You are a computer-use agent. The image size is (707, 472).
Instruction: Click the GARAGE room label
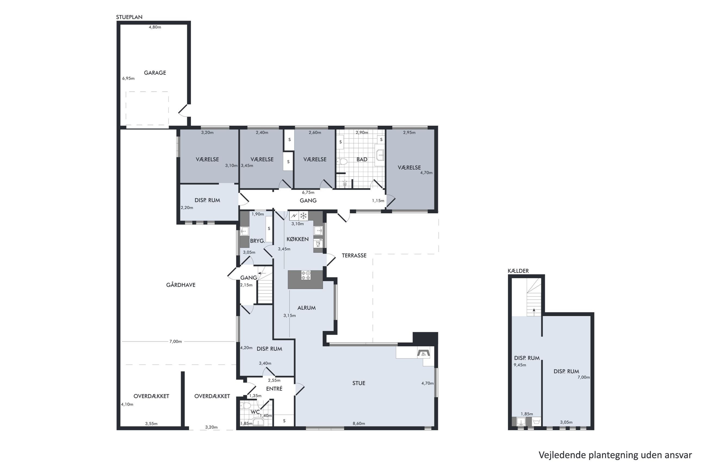[155, 73]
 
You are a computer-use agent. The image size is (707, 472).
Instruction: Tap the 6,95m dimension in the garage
[128, 79]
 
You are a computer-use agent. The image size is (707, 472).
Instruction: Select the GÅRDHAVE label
[181, 285]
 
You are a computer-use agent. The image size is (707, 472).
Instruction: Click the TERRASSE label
[354, 255]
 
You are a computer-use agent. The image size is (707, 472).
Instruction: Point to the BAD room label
[362, 159]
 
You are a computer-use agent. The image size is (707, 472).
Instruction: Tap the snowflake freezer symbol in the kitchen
[303, 215]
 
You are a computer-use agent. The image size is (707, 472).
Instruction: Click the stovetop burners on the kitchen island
[306, 275]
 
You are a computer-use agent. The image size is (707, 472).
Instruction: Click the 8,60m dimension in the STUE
[359, 423]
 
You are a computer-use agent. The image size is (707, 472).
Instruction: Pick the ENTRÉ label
[274, 388]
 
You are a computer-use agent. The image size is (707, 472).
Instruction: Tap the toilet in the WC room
[246, 405]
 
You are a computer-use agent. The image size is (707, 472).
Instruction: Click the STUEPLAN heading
[129, 17]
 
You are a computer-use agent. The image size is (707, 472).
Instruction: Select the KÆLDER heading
[518, 271]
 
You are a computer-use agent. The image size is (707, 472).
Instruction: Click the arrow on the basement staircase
[534, 311]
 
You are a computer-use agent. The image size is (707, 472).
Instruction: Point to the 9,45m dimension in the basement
[520, 365]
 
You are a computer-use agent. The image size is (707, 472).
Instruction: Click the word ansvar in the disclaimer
[678, 455]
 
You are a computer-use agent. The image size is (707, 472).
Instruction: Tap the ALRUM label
[306, 308]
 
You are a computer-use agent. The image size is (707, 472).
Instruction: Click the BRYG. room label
[257, 241]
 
